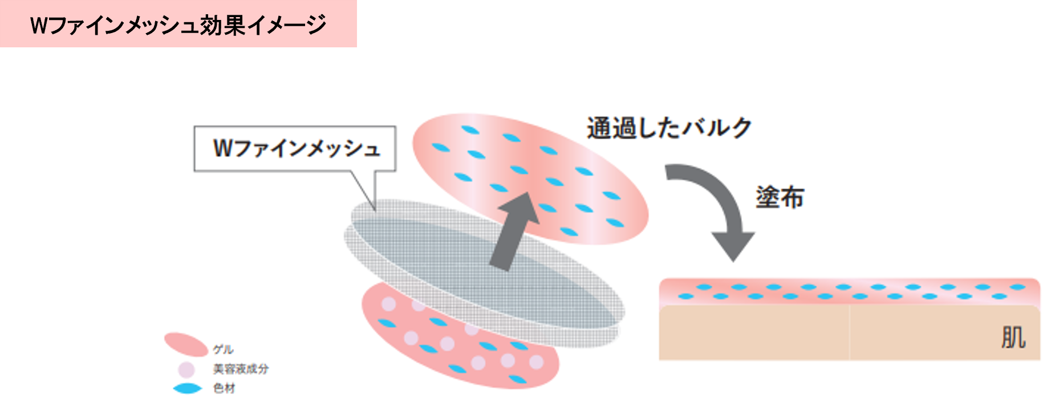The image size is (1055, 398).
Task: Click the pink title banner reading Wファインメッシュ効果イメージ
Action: tap(178, 24)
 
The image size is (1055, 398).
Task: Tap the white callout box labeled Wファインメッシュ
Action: tap(295, 148)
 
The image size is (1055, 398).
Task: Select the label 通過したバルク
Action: tap(669, 128)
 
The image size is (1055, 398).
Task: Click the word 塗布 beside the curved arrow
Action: tap(780, 198)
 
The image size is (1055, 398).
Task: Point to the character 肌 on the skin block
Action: tap(1013, 337)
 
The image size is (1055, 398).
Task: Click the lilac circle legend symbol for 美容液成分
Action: tap(186, 369)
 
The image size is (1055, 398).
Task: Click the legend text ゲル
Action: tap(223, 350)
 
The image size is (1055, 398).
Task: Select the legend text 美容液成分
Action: tap(240, 369)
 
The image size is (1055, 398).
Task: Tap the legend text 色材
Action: tap(224, 388)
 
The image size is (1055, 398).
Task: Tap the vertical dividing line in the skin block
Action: tap(849, 334)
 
